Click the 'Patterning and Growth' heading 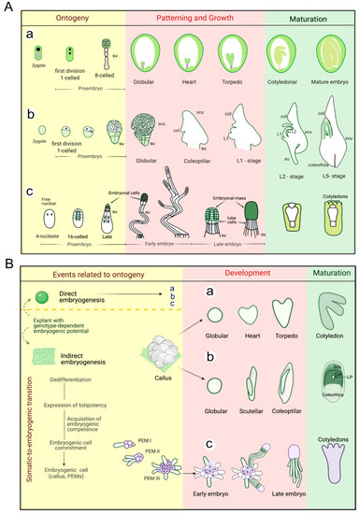195,18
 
